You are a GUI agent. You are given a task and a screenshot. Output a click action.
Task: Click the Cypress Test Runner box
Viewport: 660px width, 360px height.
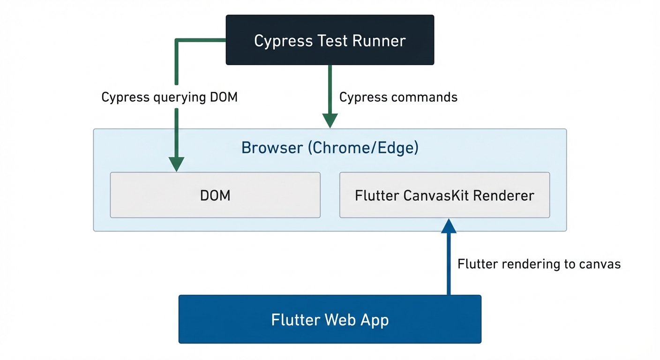330,40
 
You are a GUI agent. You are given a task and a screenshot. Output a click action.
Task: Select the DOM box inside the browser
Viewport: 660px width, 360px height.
215,195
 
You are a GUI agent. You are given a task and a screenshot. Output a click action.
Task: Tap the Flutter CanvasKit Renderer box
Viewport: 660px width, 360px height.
444,195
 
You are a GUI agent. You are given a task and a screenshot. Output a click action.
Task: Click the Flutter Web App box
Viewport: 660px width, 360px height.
330,319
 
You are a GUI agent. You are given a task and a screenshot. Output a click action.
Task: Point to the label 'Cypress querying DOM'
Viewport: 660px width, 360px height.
169,97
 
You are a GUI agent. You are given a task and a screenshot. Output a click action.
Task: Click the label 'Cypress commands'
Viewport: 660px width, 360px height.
398,97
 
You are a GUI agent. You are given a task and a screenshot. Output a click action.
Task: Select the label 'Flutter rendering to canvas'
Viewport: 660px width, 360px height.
539,264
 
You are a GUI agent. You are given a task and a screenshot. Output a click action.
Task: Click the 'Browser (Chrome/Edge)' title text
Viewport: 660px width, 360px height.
330,148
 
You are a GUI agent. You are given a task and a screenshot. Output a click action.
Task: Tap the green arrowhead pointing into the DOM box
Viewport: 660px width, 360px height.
176,164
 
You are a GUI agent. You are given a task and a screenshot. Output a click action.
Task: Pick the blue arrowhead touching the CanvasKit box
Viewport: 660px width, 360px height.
449,226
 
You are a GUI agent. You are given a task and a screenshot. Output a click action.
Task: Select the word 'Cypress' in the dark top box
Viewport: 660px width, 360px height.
277,41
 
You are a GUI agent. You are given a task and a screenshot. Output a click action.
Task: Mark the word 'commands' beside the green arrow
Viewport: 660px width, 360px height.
423,97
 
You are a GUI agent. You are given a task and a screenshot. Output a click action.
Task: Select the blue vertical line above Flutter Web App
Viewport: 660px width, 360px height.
449,267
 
